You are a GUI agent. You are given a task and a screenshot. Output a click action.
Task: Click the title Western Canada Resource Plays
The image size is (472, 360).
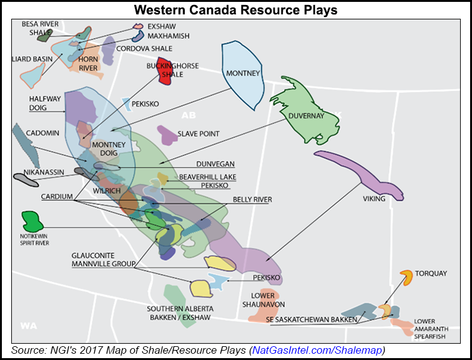[235, 10]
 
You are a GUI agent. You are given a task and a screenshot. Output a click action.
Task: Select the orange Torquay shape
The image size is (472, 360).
[406, 277]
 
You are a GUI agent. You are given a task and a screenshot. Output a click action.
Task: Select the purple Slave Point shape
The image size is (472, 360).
[167, 133]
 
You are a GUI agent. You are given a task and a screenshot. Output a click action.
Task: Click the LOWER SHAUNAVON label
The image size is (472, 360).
[267, 299]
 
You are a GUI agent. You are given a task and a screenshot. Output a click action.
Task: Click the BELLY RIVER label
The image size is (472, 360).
[252, 199]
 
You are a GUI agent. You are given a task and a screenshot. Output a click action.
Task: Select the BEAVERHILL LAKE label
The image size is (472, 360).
[207, 177]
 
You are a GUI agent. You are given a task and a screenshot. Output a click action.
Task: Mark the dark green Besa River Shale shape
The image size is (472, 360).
[44, 36]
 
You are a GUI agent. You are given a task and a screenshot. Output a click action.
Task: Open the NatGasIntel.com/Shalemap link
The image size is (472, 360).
[317, 349]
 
